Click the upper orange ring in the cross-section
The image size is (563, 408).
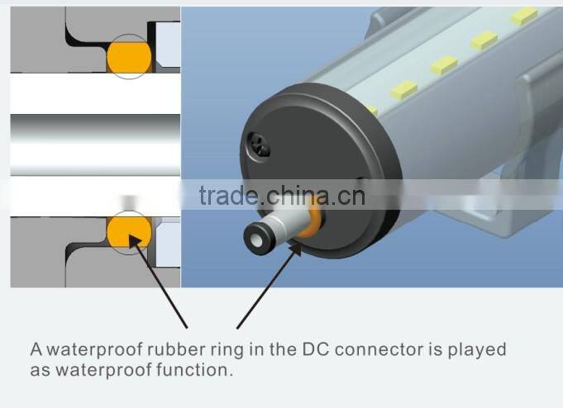point(129,56)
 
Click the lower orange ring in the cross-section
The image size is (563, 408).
point(129,230)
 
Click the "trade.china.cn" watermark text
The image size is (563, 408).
point(282,196)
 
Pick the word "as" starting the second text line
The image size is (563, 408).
point(41,370)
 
